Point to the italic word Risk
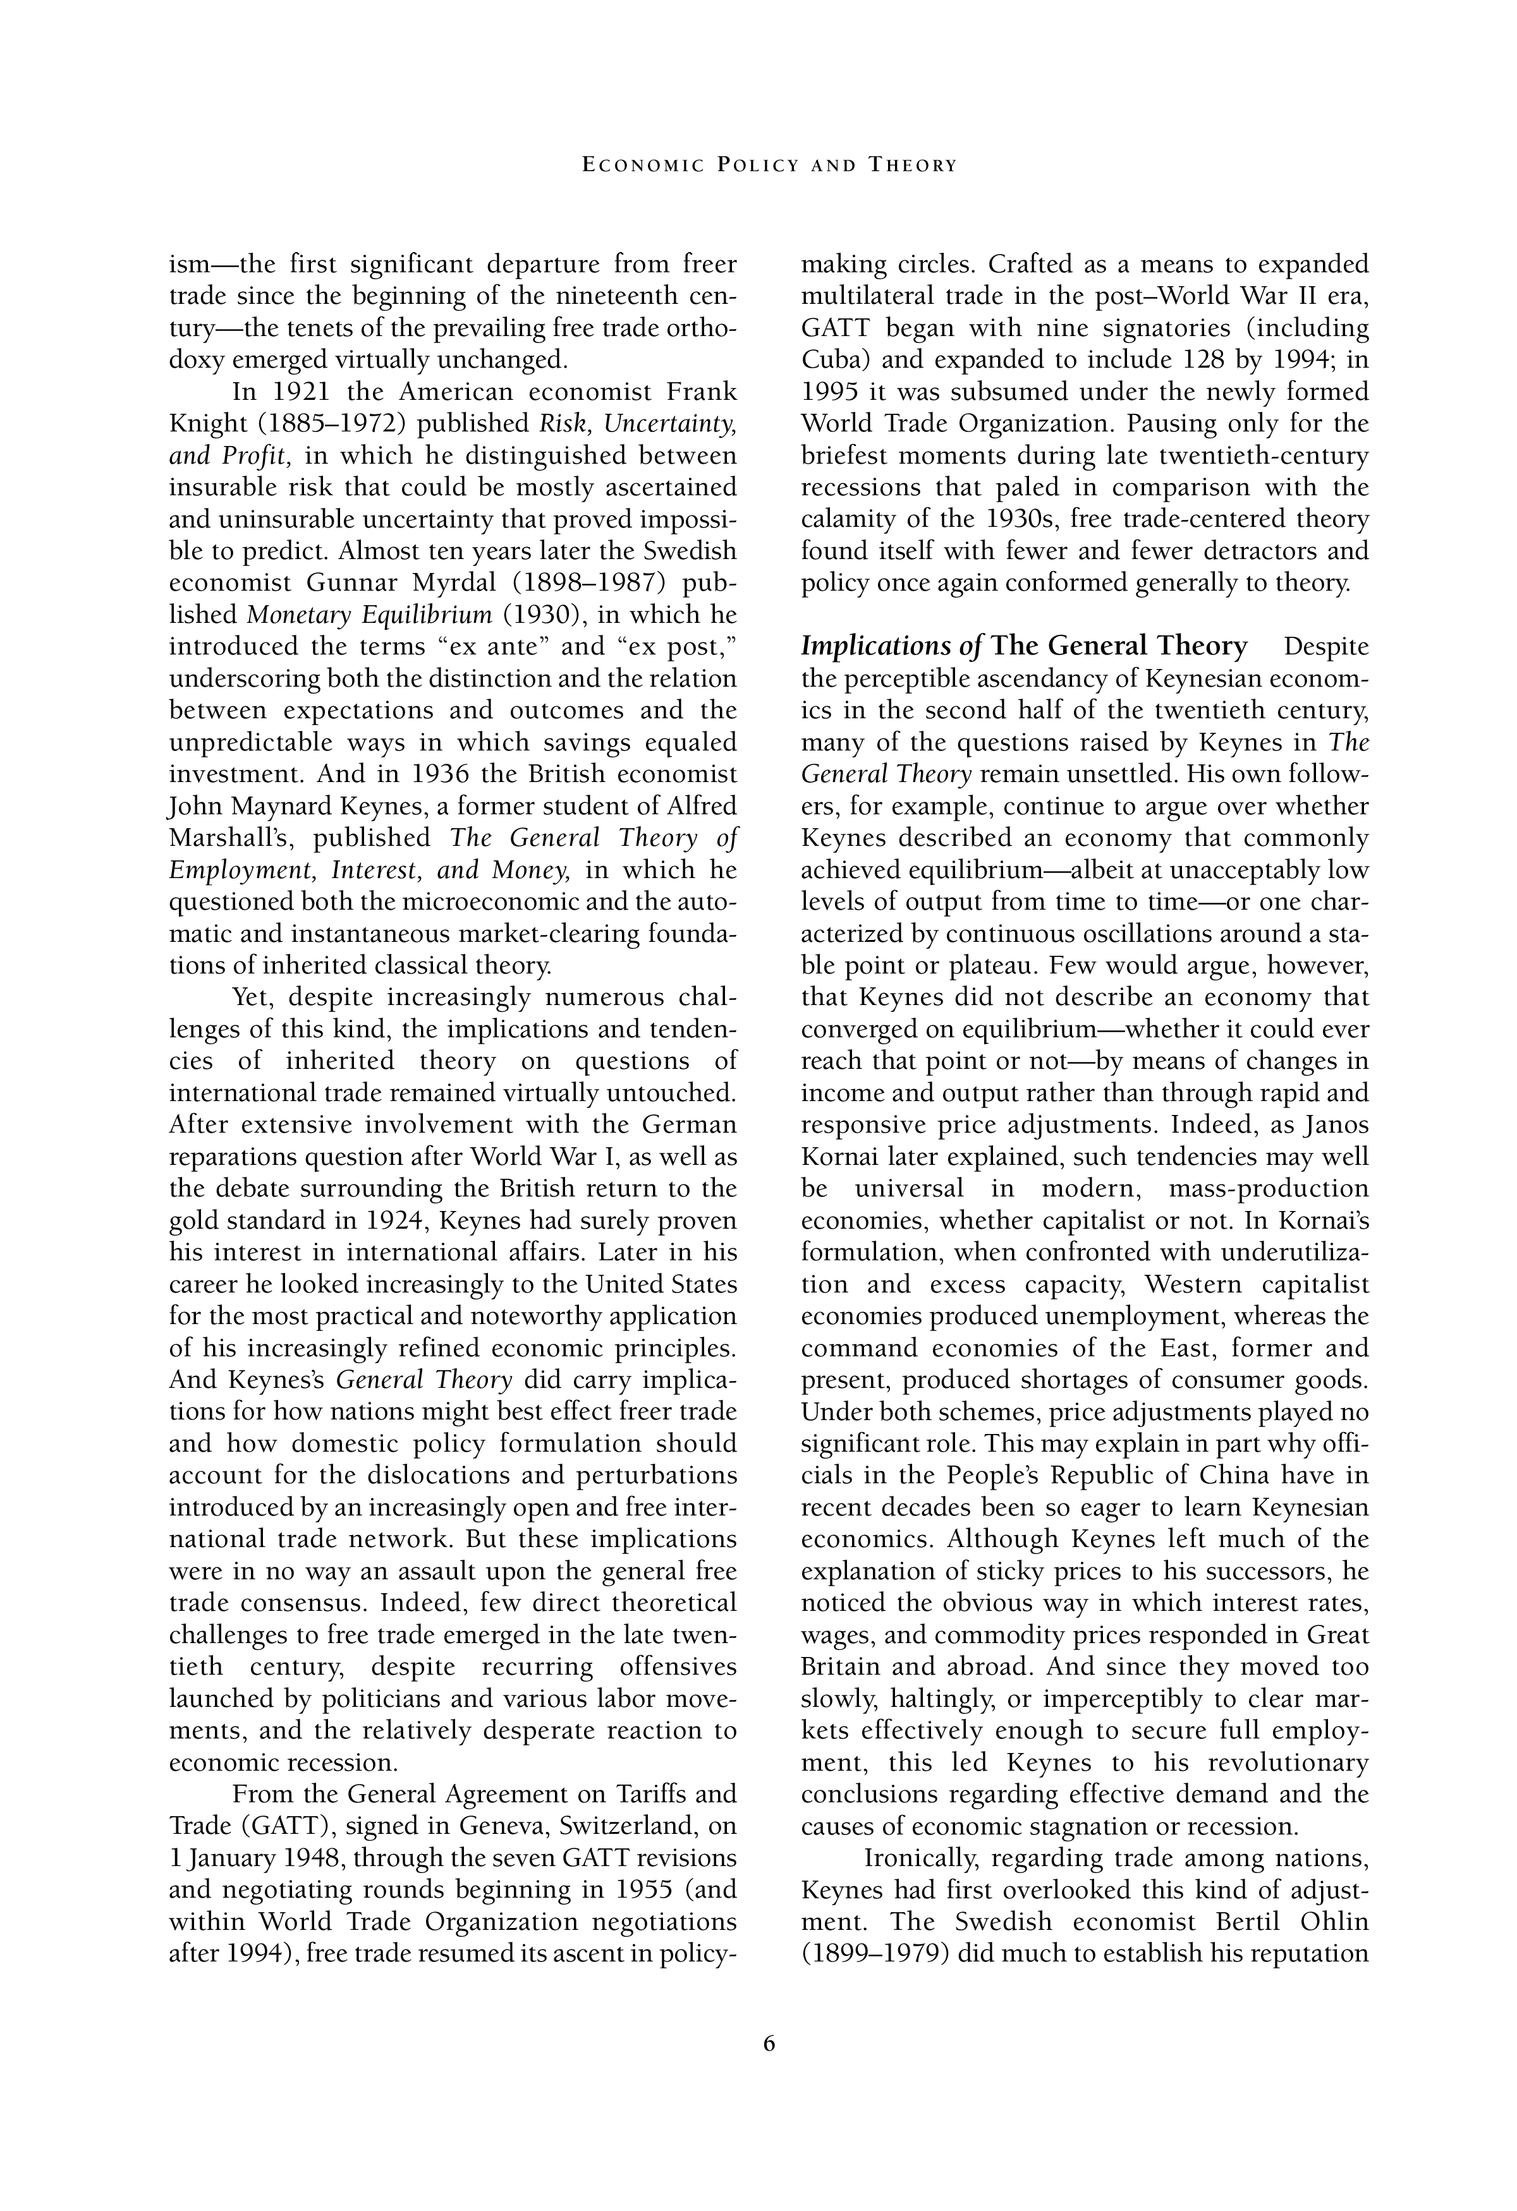click(567, 423)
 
